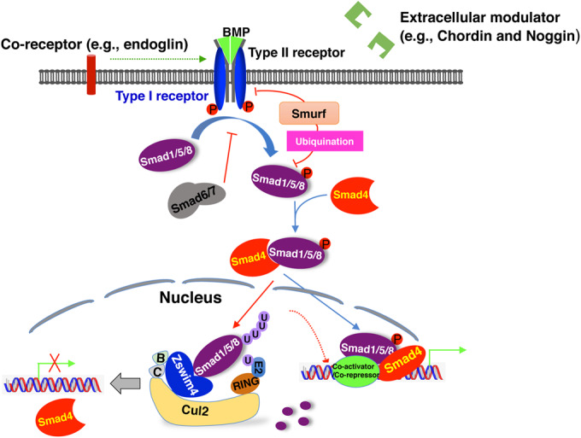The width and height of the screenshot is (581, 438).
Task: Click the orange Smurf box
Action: tap(309, 113)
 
